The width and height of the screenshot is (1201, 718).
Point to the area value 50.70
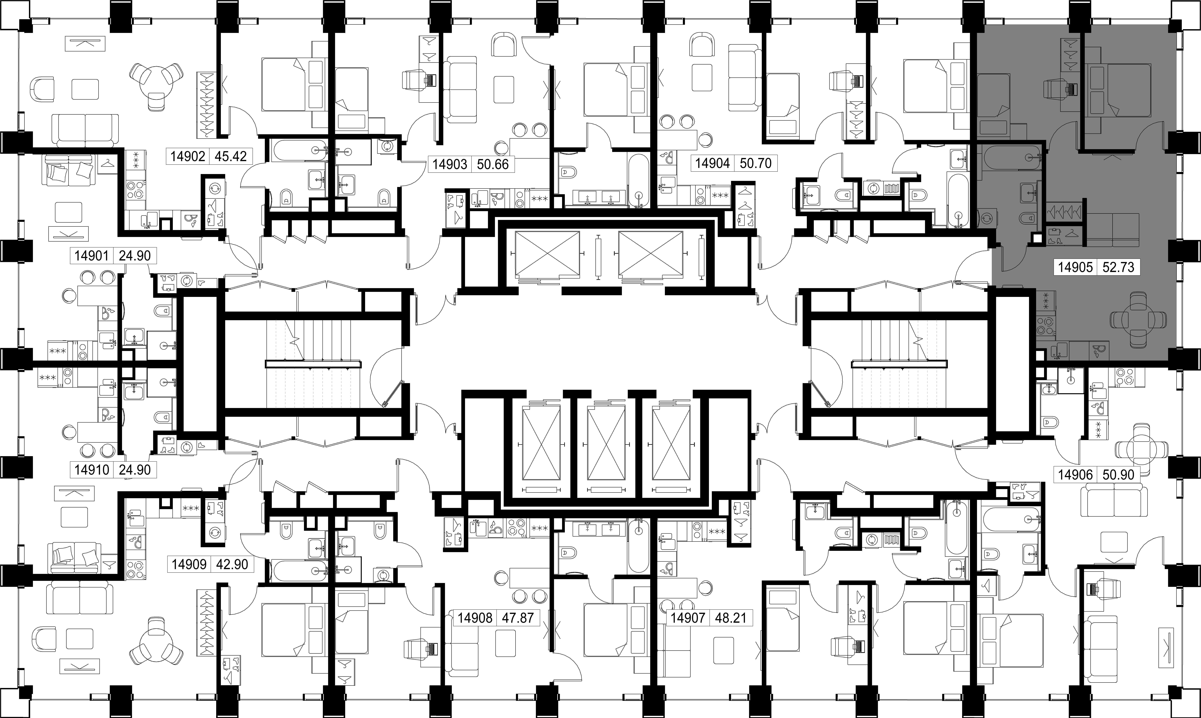(x=756, y=163)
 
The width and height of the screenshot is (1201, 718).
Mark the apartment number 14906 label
(x=1075, y=475)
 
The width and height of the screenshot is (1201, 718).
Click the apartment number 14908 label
(x=475, y=618)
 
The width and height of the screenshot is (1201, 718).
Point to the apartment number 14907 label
(x=687, y=618)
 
